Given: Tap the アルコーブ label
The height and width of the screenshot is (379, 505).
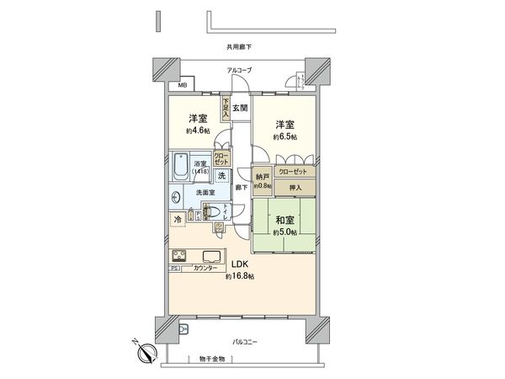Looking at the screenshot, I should [x=239, y=70].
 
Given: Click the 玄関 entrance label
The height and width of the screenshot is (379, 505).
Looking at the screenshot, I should [x=240, y=107].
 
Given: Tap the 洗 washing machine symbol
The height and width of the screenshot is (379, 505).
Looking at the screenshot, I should [x=221, y=176].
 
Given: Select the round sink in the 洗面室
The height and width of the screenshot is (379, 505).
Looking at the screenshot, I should [x=176, y=199].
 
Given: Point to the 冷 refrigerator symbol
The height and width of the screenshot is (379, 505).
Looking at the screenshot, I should [x=178, y=220].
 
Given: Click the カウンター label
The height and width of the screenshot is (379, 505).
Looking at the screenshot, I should [x=205, y=268].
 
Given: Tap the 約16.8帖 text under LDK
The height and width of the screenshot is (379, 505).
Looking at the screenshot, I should [x=239, y=276].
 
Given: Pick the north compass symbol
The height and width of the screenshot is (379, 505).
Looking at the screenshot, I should [x=146, y=354].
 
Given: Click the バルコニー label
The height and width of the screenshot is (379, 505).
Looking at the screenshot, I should [x=246, y=342].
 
